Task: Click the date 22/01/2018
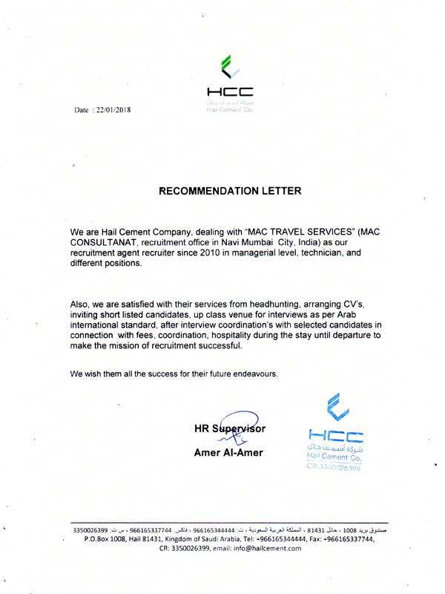pyautogui.click(x=112, y=110)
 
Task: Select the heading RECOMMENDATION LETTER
pyautogui.click(x=231, y=191)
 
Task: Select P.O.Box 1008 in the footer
pyautogui.click(x=106, y=538)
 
